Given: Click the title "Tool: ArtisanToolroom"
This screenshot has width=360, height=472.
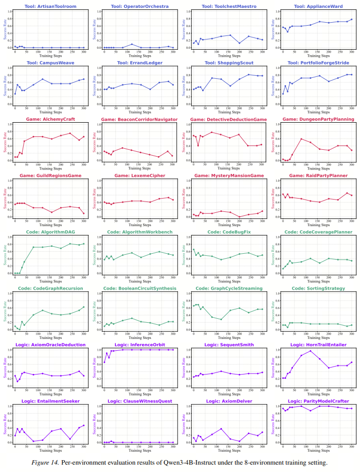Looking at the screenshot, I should (x=48, y=6).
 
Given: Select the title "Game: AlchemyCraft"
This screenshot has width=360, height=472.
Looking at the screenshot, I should (x=48, y=119).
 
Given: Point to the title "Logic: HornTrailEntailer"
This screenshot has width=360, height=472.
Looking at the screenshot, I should (x=317, y=345).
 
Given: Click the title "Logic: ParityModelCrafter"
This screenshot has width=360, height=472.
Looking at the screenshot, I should (x=317, y=401).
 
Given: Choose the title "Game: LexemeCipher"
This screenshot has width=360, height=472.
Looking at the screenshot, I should (x=138, y=175).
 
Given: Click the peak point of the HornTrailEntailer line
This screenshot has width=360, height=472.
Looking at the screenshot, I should (x=310, y=351).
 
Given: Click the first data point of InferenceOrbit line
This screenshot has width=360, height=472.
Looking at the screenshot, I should (x=105, y=363).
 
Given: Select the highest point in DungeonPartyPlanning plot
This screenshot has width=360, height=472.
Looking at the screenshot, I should (x=301, y=139).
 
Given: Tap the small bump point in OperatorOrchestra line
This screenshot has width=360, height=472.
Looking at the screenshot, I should (x=132, y=44).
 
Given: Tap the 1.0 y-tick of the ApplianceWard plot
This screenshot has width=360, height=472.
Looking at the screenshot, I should (x=276, y=11).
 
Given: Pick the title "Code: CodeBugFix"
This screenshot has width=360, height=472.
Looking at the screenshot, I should (x=227, y=232).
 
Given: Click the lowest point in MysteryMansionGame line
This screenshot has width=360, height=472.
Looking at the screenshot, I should (x=239, y=217).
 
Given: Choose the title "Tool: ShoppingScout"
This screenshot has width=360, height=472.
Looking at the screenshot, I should (x=227, y=63).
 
